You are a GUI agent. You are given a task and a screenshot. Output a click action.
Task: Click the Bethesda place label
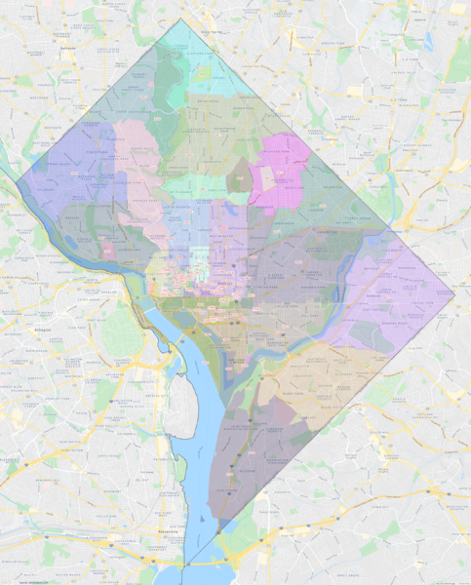[x=67, y=46]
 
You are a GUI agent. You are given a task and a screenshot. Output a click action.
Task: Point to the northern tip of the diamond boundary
[x=184, y=19]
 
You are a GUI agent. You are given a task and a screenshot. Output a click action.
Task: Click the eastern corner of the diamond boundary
[x=454, y=292]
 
